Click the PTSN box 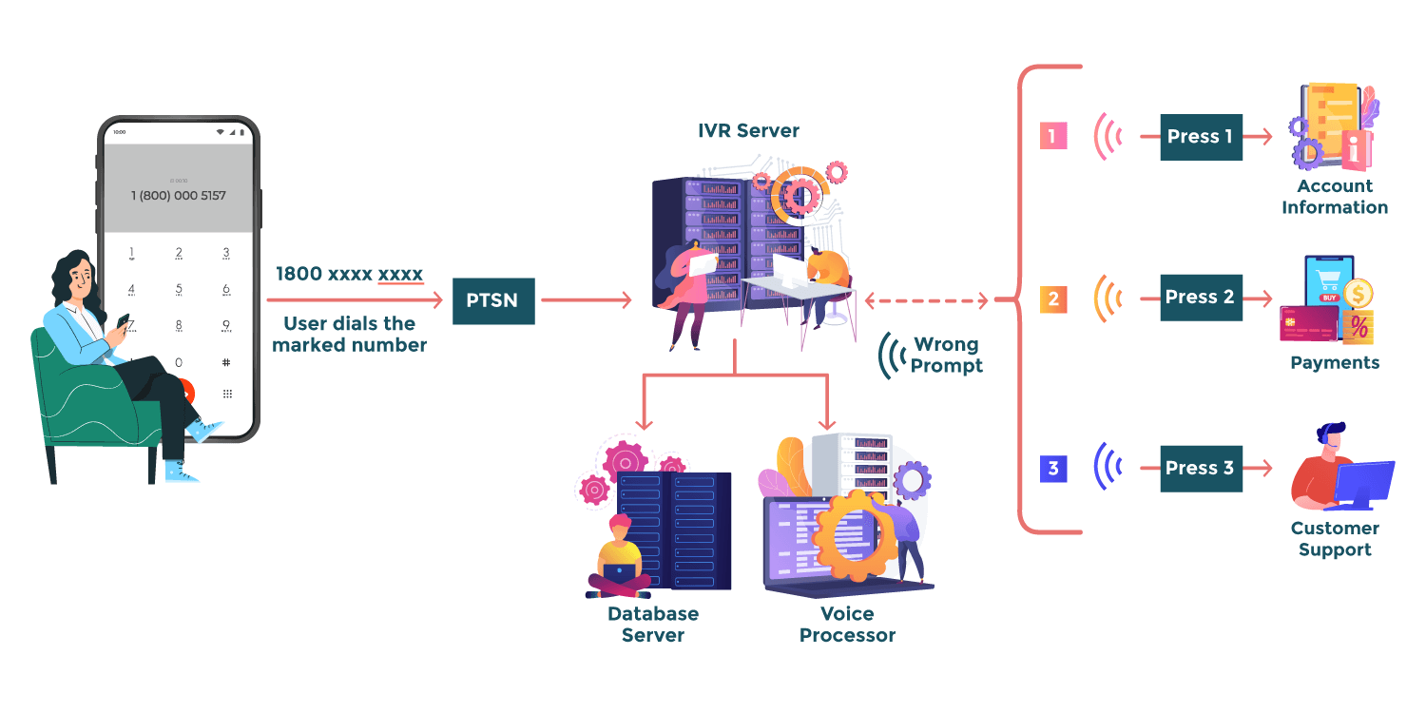pos(493,300)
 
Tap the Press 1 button pos(1201,137)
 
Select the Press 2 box pos(1201,298)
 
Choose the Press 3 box pos(1201,469)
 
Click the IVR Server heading pos(748,130)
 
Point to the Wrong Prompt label pos(947,355)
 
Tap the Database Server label pos(653,624)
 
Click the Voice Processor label pos(847,624)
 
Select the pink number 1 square pos(1053,136)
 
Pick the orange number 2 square pos(1053,299)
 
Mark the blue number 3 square pos(1053,469)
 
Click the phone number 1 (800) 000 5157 pos(179,196)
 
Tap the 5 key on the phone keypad pos(179,290)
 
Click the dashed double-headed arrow pos(927,300)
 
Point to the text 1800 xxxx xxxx pos(349,274)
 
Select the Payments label pos(1335,362)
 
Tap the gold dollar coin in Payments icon pos(1358,295)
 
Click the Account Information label pos(1335,197)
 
